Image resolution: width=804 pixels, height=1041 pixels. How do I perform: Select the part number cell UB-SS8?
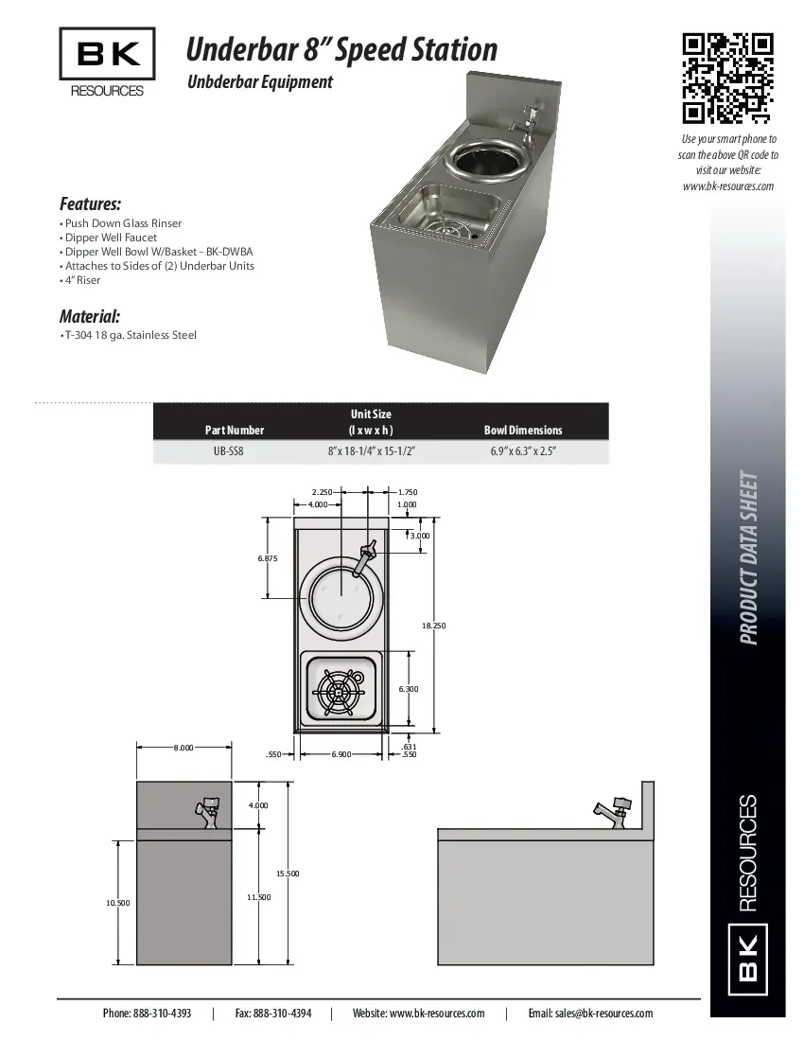235,451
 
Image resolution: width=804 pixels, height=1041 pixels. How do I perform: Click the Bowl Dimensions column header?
523,430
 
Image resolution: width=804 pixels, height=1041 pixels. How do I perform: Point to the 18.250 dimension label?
434,626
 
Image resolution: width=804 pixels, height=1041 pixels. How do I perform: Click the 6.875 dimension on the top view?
268,558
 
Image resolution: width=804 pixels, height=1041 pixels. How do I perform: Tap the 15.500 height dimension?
288,873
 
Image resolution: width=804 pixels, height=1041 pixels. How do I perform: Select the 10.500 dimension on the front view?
117,903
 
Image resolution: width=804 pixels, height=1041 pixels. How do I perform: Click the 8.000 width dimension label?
184,748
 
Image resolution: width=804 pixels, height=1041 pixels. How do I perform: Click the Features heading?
90,203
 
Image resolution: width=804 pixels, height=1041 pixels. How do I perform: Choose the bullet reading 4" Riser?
82,280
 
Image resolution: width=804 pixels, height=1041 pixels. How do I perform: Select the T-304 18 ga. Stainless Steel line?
130,335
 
